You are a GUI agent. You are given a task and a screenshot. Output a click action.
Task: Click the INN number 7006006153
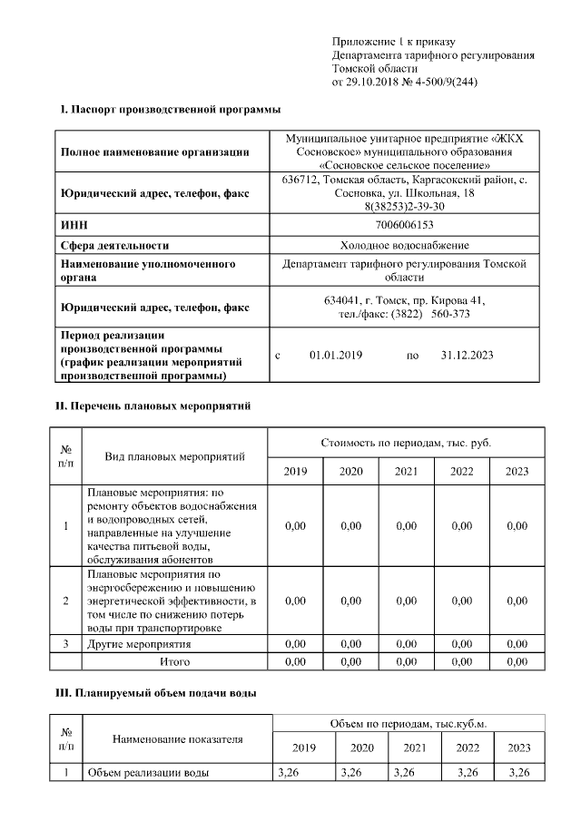[404, 224]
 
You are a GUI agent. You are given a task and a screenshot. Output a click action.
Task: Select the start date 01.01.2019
[336, 356]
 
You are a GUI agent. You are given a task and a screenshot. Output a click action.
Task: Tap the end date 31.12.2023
[467, 356]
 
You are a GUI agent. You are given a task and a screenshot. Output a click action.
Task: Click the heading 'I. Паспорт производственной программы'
[171, 110]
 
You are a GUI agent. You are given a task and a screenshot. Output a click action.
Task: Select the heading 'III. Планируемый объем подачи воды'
[157, 693]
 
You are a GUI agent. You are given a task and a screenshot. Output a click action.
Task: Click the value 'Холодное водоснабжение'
[404, 245]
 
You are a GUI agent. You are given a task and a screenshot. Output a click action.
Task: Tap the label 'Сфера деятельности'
[114, 245]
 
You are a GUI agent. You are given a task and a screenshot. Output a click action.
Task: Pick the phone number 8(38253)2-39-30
[404, 207]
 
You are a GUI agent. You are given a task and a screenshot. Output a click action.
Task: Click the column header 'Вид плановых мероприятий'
[174, 455]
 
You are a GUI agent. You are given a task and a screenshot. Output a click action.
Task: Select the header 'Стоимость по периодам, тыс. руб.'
[406, 442]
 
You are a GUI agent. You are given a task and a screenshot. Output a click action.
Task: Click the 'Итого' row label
[174, 661]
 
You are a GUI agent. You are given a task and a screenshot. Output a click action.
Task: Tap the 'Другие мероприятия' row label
[138, 644]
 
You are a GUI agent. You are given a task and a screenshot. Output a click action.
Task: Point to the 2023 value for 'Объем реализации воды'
[519, 773]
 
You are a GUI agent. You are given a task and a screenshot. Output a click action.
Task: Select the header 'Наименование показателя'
[178, 739]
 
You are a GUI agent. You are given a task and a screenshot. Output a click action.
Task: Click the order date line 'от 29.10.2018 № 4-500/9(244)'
[405, 82]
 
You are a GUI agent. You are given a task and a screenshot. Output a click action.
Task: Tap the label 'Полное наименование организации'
[154, 151]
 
